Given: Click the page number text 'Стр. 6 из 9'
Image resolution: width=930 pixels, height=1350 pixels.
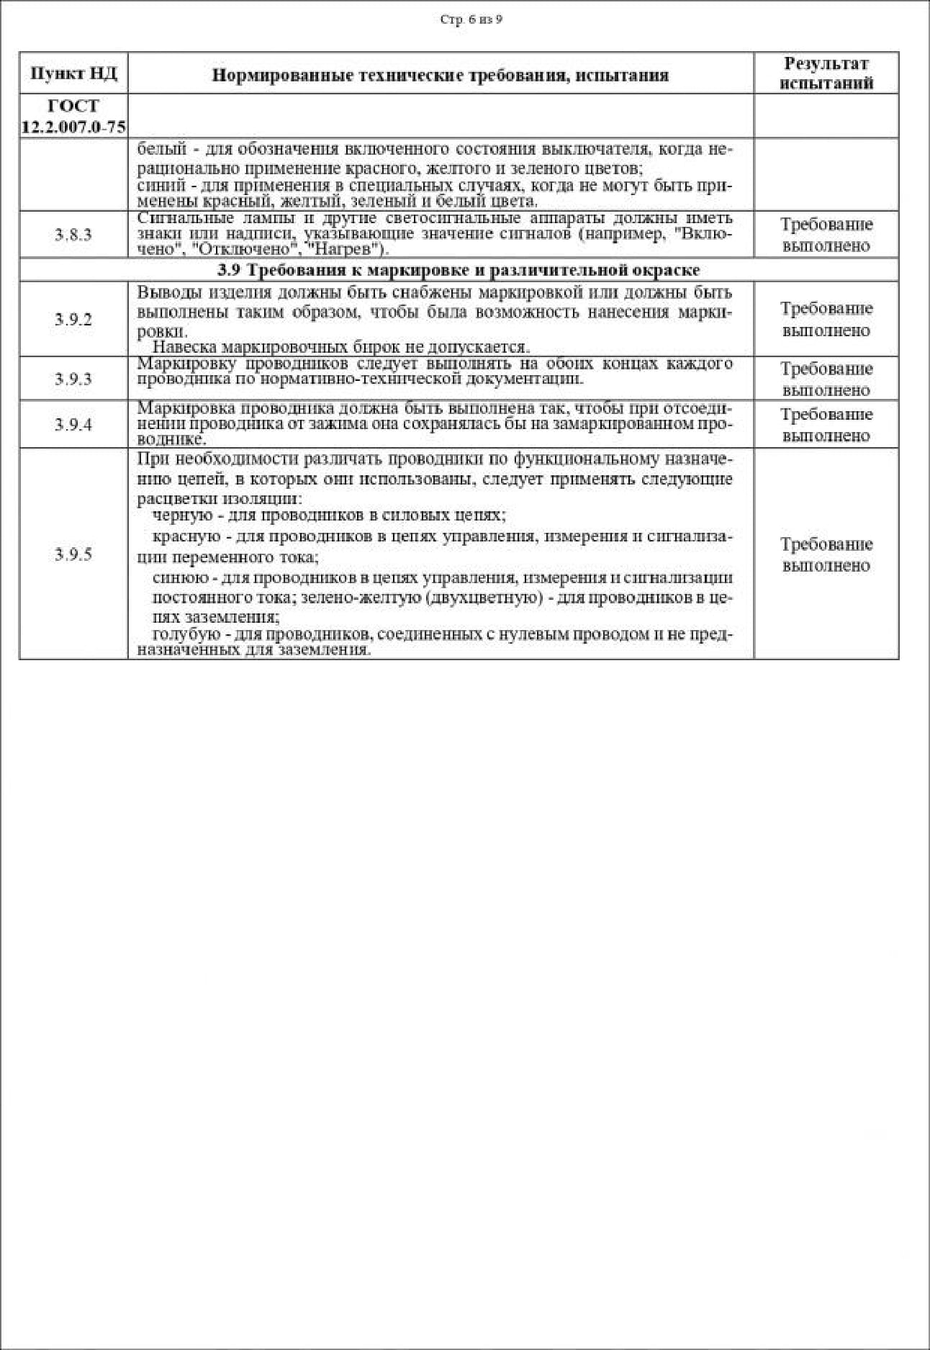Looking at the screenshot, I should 471,19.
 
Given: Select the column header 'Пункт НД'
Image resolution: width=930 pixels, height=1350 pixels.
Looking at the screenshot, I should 73,73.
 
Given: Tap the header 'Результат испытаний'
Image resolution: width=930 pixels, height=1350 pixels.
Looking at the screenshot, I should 826,73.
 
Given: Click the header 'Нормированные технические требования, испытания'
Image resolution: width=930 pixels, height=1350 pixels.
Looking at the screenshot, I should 440,75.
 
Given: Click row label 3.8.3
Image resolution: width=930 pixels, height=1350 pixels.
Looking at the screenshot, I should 73,235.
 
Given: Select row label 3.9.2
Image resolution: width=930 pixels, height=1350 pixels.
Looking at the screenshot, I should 73,320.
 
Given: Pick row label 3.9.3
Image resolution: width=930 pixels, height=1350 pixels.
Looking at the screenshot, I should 73,379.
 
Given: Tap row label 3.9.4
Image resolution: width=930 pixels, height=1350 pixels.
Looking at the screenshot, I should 73,424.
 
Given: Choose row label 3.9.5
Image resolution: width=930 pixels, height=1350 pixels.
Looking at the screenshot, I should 73,554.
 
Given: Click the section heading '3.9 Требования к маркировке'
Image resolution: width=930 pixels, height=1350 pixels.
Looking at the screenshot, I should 459,270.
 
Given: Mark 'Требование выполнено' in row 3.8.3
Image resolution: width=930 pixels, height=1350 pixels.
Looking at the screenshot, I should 826,235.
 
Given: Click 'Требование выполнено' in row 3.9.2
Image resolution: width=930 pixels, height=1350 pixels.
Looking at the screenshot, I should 826,320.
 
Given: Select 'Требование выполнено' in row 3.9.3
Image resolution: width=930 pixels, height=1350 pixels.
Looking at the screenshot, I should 826,379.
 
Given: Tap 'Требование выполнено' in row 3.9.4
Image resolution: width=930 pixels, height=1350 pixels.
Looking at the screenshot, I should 826,425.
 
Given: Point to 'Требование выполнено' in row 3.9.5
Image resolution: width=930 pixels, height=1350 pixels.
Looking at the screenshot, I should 826,554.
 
